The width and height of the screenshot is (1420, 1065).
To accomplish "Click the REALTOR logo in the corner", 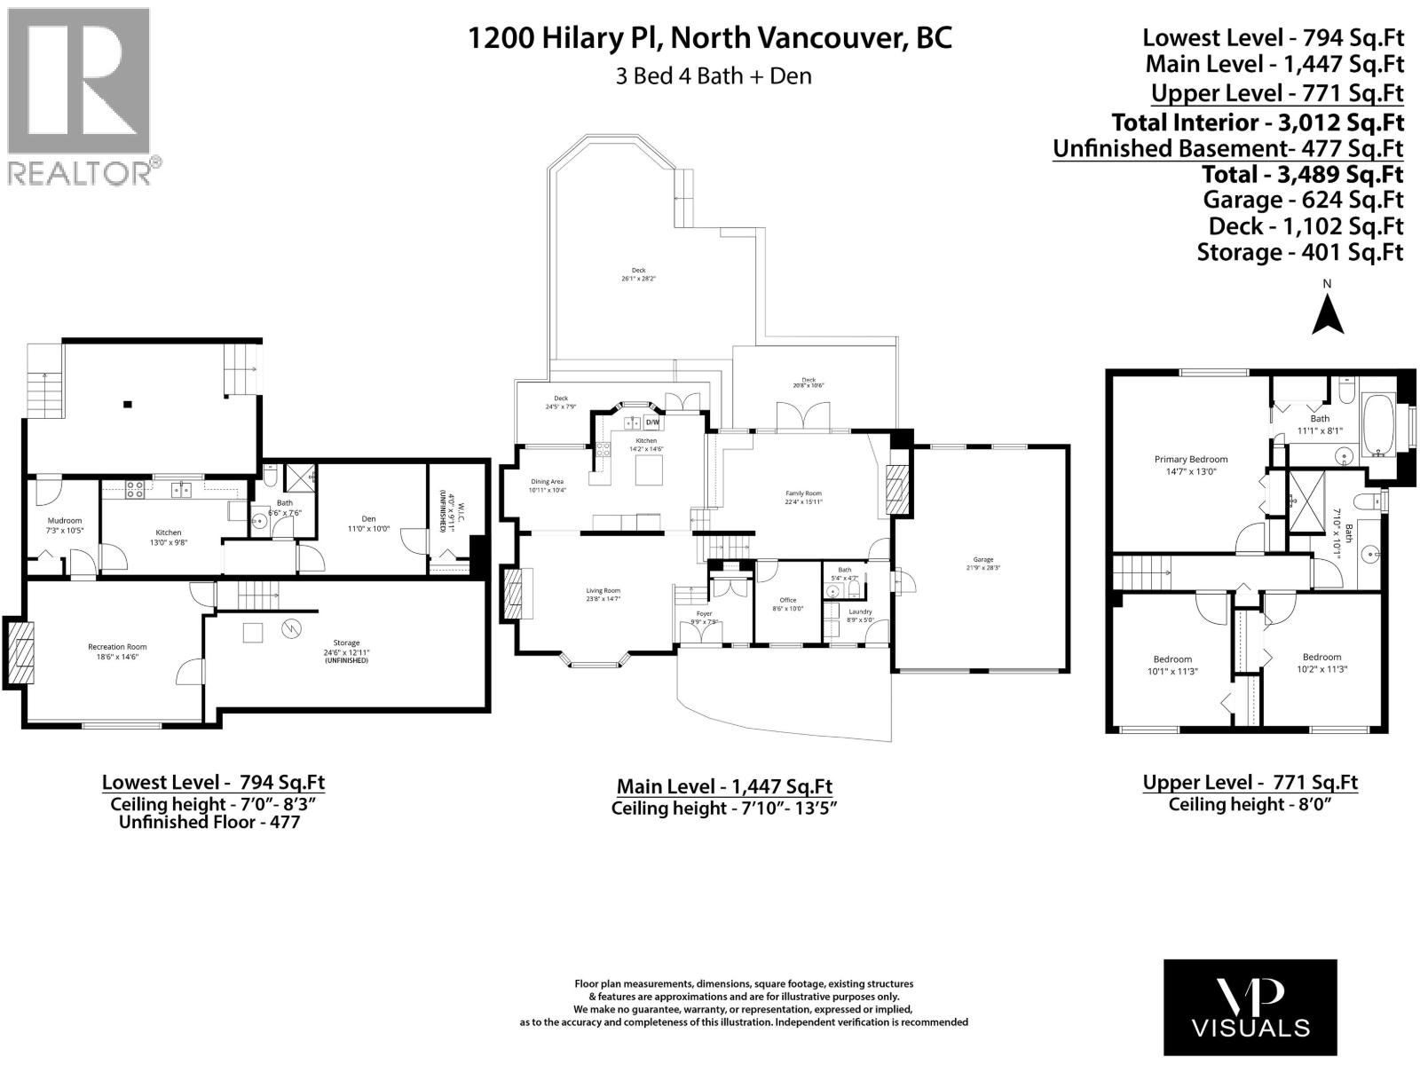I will point(80,95).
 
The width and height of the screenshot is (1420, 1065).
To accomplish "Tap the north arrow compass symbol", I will point(1327,310).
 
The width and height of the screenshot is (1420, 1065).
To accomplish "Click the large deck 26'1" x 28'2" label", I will point(638,274).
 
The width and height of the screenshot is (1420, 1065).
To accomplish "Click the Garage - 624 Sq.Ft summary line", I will point(1303,200).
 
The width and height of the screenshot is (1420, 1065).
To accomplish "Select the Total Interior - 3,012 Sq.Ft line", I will point(1257,122).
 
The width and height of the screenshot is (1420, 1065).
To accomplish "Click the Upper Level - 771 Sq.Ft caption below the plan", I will point(1250,782).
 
